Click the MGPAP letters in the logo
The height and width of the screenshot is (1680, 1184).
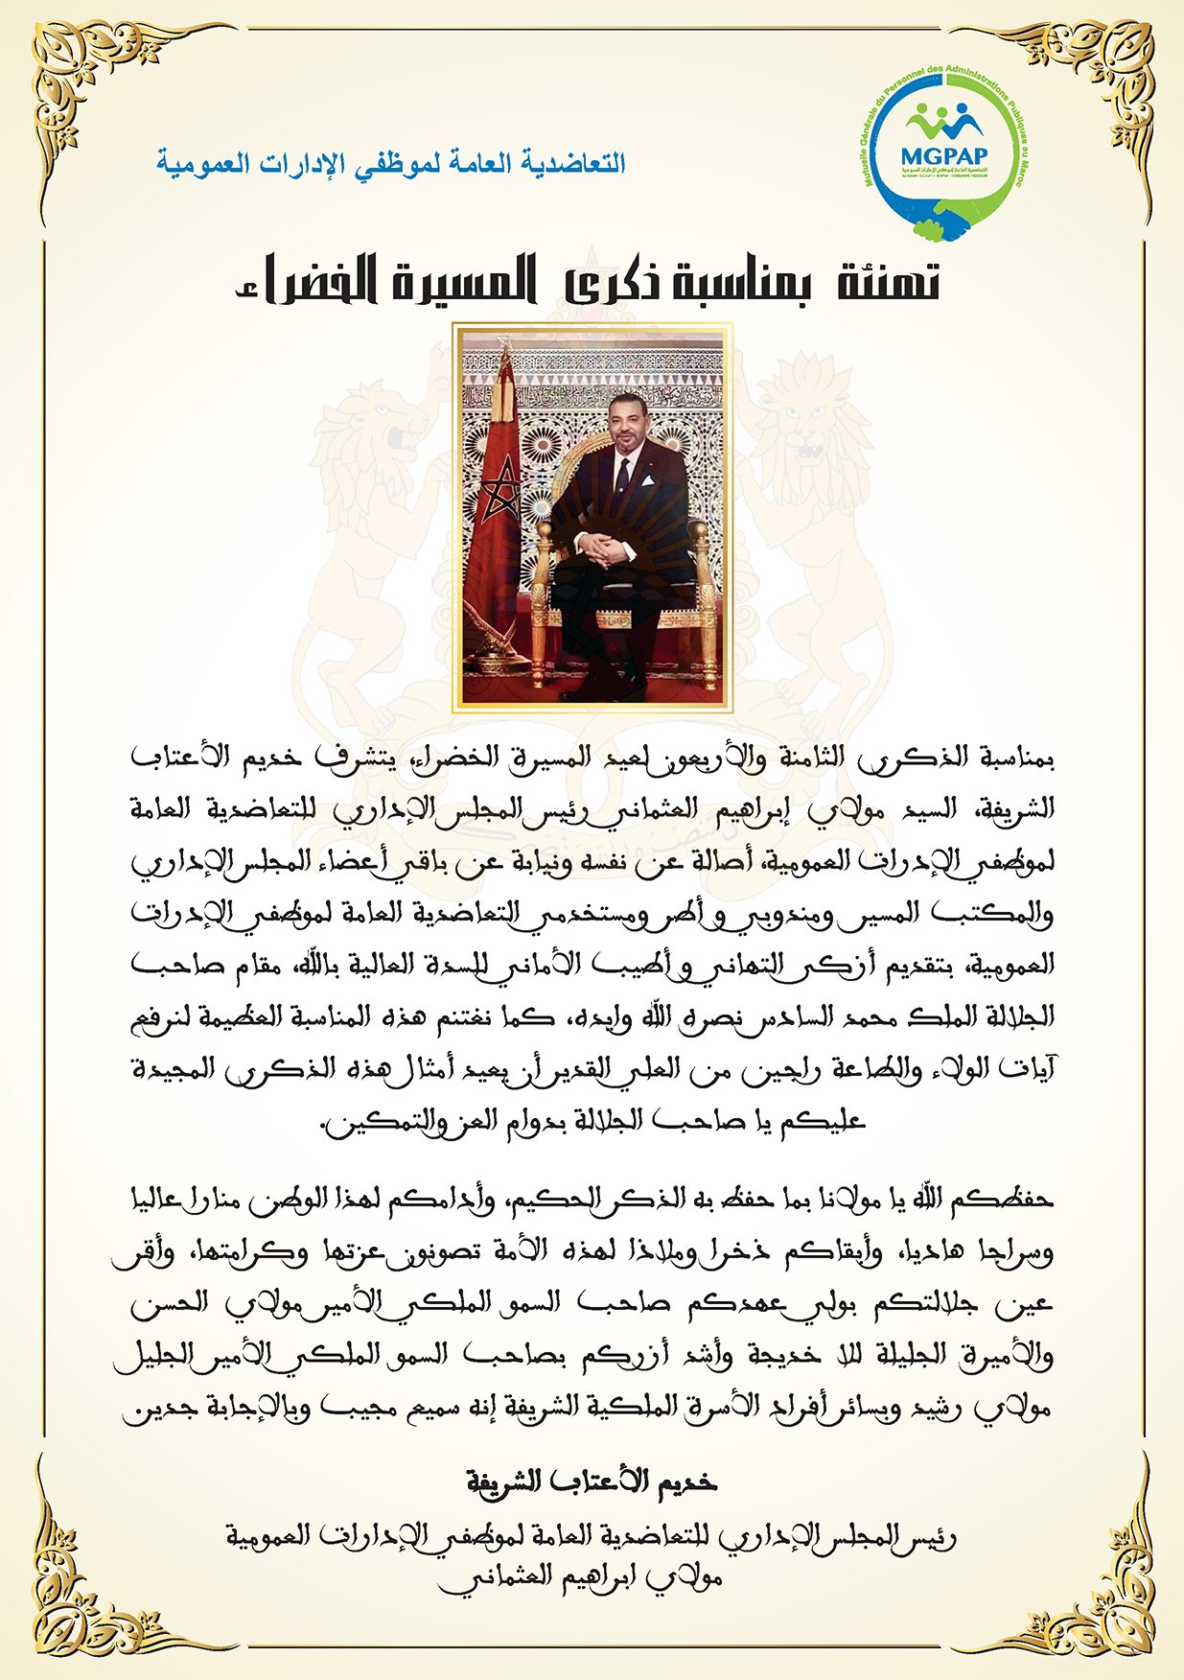pyautogui.click(x=943, y=153)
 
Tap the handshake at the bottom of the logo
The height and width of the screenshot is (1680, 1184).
pyautogui.click(x=942, y=227)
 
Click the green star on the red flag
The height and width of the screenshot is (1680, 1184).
pyautogui.click(x=499, y=500)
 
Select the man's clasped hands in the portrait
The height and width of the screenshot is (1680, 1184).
pyautogui.click(x=604, y=547)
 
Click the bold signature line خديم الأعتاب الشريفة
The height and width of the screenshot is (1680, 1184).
pyautogui.click(x=592, y=1482)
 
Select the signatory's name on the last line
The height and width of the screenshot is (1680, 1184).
pyautogui.click(x=580, y=1577)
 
